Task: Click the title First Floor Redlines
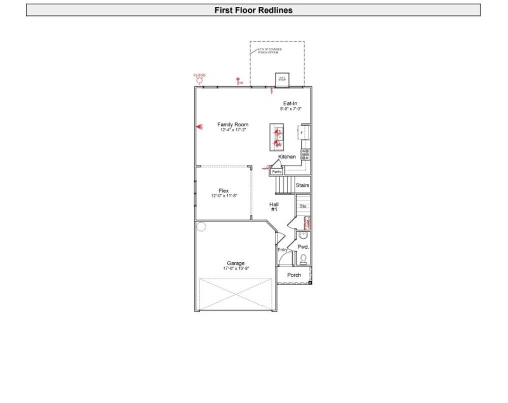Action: [x=253, y=10]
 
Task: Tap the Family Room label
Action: [x=233, y=124]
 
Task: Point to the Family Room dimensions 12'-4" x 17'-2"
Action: [x=233, y=130]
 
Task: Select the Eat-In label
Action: [x=290, y=103]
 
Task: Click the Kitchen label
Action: [x=287, y=157]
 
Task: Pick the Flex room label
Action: [x=224, y=190]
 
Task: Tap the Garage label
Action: [x=236, y=263]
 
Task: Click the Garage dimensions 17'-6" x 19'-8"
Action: [x=236, y=268]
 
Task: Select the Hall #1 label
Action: [x=274, y=206]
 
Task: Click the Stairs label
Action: [x=302, y=185]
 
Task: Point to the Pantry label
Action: [x=277, y=171]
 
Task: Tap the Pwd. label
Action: [x=303, y=246]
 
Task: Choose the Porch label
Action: [x=294, y=275]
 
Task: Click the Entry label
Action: [x=283, y=249]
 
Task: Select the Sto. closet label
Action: [x=303, y=206]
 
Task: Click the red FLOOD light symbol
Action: [x=200, y=79]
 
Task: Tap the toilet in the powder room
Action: [x=304, y=258]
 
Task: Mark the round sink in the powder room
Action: [x=303, y=235]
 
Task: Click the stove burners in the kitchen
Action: [x=305, y=153]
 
